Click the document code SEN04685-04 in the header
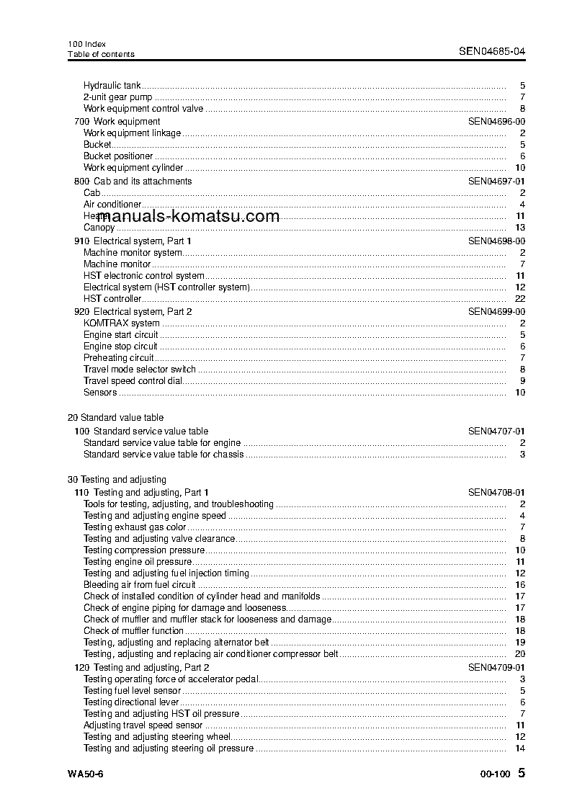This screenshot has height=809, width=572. pyautogui.click(x=492, y=51)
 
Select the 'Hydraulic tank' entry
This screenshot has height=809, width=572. pyautogui.click(x=112, y=86)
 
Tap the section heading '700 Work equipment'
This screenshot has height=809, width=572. pyautogui.click(x=117, y=122)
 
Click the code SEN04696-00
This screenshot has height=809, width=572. pyautogui.click(x=496, y=122)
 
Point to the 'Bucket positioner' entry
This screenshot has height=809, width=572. pyautogui.click(x=118, y=156)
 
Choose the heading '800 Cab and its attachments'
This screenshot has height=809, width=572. pyautogui.click(x=133, y=182)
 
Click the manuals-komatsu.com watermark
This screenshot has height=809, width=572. pyautogui.click(x=181, y=216)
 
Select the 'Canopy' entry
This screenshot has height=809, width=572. pyautogui.click(x=99, y=228)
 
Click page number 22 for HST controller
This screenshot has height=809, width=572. pyautogui.click(x=520, y=299)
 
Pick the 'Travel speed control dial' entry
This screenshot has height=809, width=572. pyautogui.click(x=133, y=381)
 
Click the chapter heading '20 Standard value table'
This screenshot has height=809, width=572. pyautogui.click(x=115, y=418)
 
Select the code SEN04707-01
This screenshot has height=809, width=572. pyautogui.click(x=496, y=431)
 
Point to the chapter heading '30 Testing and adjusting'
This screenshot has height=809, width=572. pyautogui.click(x=117, y=480)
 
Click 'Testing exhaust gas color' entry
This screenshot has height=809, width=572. pyautogui.click(x=135, y=527)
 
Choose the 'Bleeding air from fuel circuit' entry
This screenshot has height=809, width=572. pyautogui.click(x=139, y=585)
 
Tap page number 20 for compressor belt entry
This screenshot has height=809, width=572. pyautogui.click(x=520, y=654)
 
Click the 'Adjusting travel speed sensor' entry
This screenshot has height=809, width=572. pyautogui.click(x=143, y=725)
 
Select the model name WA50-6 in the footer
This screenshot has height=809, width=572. pyautogui.click(x=86, y=774)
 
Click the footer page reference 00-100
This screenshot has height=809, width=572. pyautogui.click(x=495, y=774)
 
